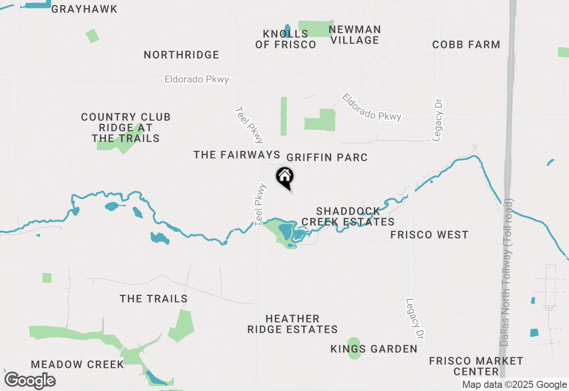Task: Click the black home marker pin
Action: (x=285, y=177)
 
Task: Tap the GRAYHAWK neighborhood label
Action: (x=84, y=9)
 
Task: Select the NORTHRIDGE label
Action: (x=181, y=55)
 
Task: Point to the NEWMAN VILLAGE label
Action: (x=354, y=35)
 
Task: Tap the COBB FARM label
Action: (x=466, y=44)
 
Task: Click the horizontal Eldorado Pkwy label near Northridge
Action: (x=196, y=80)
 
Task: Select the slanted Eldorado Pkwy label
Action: (x=372, y=107)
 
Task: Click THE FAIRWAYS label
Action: (x=236, y=155)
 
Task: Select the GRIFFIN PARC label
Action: (x=327, y=157)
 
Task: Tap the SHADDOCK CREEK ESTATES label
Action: (x=348, y=216)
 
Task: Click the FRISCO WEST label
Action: (x=429, y=235)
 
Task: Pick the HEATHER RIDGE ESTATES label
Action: (x=293, y=324)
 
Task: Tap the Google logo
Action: (x=30, y=380)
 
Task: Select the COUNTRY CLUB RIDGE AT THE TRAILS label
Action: (x=126, y=128)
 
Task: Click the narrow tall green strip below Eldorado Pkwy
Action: (x=284, y=116)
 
